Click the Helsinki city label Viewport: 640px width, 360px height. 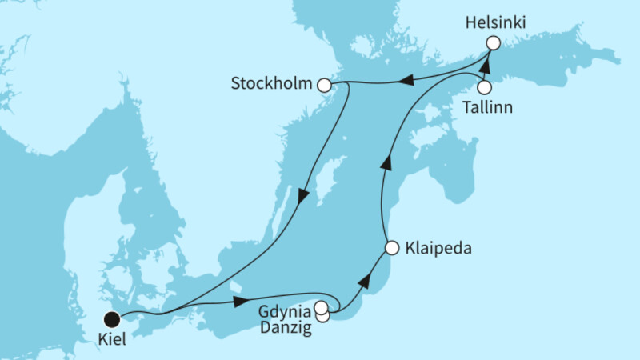pos(495,23)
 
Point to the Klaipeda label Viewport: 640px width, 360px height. pos(437,249)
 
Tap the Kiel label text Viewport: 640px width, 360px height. pos(112,339)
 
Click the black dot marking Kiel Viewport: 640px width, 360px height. pos(113,318)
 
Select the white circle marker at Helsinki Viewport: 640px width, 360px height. pos(494,43)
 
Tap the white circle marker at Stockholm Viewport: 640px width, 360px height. pos(324,84)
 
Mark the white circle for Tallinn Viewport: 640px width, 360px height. pos(484,87)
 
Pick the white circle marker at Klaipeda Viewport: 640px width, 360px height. pos(391,248)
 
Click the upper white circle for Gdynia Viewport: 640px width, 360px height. pos(321,307)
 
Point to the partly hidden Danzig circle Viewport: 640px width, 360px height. pos(323,317)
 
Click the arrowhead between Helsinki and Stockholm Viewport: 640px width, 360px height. pos(406,79)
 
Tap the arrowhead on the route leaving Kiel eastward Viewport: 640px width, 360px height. pos(239,302)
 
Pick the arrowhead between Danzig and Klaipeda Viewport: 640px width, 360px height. pos(364,280)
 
